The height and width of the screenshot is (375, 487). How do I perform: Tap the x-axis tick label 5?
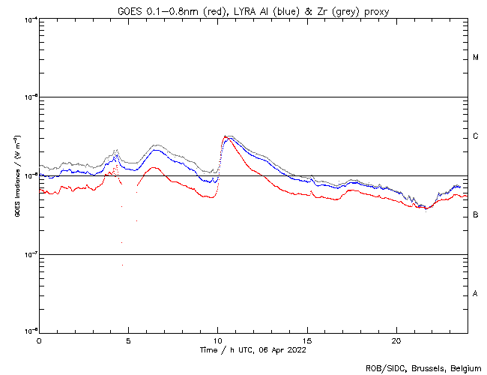tap(128, 340)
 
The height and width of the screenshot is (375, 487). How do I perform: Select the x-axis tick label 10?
tap(217, 340)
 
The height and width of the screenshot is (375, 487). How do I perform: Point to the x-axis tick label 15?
tap(306, 340)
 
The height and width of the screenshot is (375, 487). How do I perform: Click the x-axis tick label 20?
tap(396, 340)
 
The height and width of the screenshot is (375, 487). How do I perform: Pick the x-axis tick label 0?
tap(39, 340)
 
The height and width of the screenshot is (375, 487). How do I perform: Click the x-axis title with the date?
tap(253, 349)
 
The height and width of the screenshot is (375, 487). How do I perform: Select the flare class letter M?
tap(476, 58)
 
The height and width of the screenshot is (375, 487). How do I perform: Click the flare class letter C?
tap(476, 136)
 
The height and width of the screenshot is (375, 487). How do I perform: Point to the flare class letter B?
tap(476, 215)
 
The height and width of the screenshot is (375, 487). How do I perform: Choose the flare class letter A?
tap(476, 294)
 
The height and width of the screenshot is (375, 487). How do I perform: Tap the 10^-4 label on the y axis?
tap(29, 19)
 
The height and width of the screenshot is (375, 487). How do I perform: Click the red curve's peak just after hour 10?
tap(225, 136)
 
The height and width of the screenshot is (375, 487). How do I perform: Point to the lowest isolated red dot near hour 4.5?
tap(123, 265)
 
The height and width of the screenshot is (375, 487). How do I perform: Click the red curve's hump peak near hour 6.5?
tap(154, 168)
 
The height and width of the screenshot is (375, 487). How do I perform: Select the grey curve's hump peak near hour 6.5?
tap(157, 145)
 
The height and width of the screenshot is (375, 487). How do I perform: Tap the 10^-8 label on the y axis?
tap(29, 331)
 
